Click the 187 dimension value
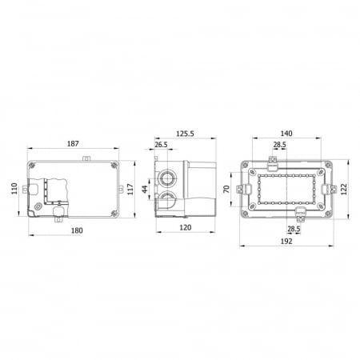pos(73,144)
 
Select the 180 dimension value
pos(77,230)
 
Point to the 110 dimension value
pos(14,188)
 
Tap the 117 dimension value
pos(130,189)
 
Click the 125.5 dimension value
pos(185,134)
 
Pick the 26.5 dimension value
pos(161,145)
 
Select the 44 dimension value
pos(145,189)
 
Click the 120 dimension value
pos(186,227)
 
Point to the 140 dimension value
pos(286,134)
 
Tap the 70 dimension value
pos(226,189)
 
